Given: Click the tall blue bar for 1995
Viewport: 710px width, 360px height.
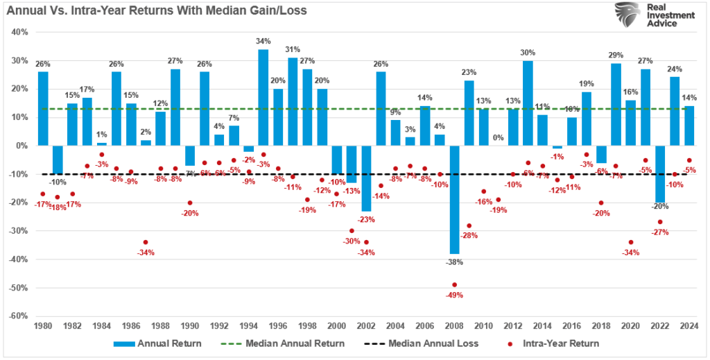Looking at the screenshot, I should (263, 97).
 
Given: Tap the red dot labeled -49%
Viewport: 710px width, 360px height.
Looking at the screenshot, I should (454, 284).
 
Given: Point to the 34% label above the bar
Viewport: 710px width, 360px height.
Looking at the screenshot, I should (263, 42).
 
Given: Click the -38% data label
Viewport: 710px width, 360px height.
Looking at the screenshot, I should (454, 262).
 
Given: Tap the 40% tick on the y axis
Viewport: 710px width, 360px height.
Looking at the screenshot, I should (18, 32).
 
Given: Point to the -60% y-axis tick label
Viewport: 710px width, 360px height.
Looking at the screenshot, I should (17, 316).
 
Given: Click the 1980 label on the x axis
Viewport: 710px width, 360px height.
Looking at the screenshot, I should (42, 326).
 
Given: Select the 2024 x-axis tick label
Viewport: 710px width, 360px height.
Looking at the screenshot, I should (690, 326).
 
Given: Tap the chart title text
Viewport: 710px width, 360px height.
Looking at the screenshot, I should (156, 11).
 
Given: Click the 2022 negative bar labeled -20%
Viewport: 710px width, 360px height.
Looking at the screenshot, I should (660, 173).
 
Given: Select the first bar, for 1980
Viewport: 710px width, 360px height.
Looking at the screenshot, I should (43, 108).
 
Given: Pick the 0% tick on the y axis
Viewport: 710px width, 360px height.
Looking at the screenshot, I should (20, 146).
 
